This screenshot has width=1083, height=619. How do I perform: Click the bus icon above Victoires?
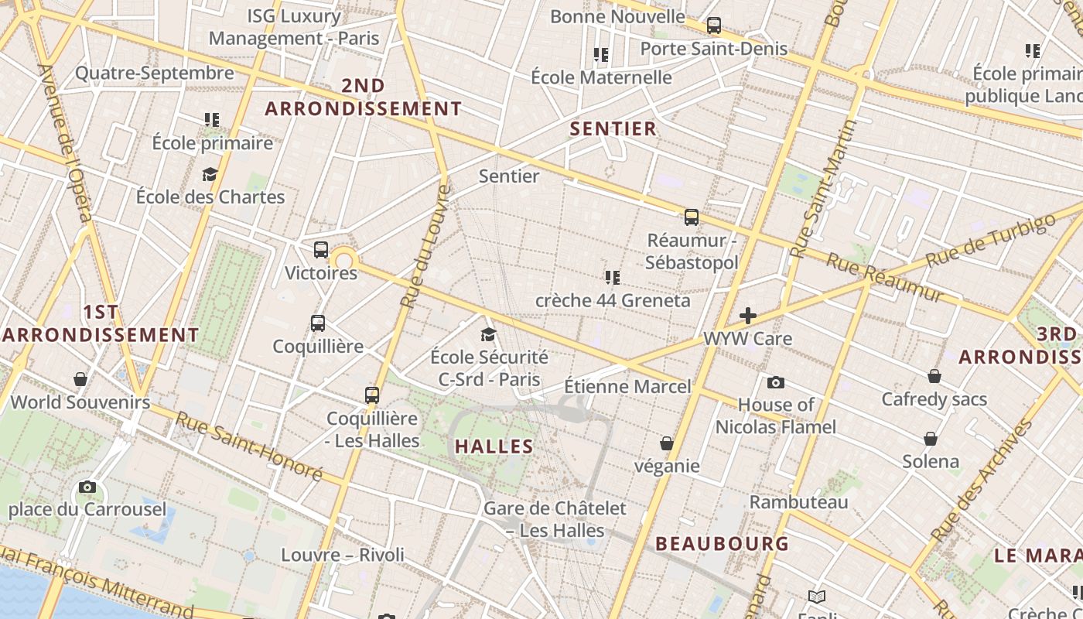(321, 250)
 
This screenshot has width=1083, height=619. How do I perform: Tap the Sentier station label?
(509, 176)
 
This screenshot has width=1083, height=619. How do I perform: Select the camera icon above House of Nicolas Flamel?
(775, 382)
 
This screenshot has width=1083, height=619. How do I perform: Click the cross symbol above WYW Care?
(748, 316)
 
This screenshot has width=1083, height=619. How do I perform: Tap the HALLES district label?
(494, 446)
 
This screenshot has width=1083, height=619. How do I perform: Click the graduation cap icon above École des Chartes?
(210, 174)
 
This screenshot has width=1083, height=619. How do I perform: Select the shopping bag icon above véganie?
(666, 443)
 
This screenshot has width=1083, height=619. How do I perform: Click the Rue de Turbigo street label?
(991, 241)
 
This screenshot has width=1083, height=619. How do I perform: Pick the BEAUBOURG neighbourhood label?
(723, 543)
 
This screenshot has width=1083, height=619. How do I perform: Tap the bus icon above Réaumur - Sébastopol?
(692, 217)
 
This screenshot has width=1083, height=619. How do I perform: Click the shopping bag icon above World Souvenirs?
(80, 379)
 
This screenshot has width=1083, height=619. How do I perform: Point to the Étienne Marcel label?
(627, 385)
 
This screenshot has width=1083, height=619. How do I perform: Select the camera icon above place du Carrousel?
(87, 487)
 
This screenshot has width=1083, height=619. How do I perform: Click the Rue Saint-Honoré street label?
(248, 445)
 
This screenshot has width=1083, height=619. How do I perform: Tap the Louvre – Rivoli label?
(342, 555)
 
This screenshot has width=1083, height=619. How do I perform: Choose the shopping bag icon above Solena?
(931, 439)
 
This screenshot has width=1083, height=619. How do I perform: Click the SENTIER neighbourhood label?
(613, 128)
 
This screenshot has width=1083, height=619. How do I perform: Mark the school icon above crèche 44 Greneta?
(613, 277)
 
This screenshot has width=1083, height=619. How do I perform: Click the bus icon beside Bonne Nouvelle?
(714, 26)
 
